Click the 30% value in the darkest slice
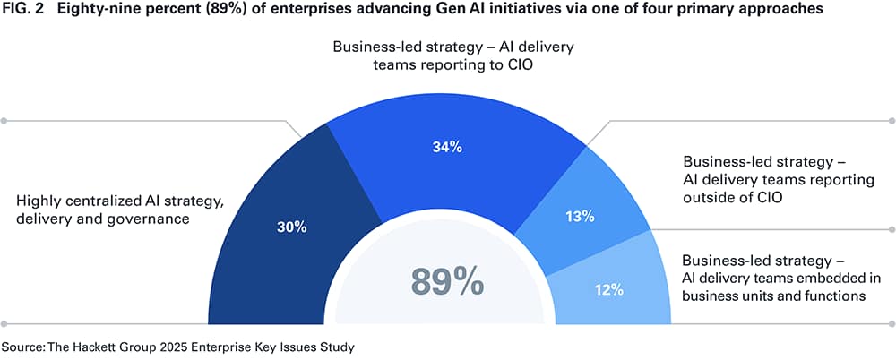click(292, 227)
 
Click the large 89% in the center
click(447, 280)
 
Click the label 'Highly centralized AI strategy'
click(106, 198)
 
